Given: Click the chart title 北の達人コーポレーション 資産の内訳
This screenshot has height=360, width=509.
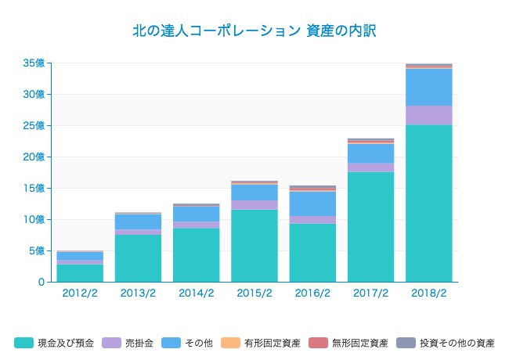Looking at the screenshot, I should pos(254,31).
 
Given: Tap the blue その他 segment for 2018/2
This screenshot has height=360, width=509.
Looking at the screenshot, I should pos(428,87).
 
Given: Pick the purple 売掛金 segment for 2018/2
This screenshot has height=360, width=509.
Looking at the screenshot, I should pos(428,115).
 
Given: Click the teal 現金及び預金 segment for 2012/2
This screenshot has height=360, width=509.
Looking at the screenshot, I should pos(80,273).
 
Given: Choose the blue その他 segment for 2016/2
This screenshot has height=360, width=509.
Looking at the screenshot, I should pos(312,203).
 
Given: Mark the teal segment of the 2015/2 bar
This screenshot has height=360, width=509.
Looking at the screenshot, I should pos(254,246).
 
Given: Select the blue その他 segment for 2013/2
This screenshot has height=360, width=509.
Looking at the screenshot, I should pos(138,221).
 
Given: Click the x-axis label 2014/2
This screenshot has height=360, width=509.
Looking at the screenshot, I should pos(196,293).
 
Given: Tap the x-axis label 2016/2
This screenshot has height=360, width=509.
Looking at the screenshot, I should pos(312,293).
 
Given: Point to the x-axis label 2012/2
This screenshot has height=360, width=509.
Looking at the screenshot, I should pos(80,293).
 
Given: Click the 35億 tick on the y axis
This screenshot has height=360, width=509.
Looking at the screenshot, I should pos(34,63).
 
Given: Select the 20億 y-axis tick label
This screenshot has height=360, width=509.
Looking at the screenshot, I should pos(34,157).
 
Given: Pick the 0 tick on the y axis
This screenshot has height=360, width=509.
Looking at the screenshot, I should pos(41,282).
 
